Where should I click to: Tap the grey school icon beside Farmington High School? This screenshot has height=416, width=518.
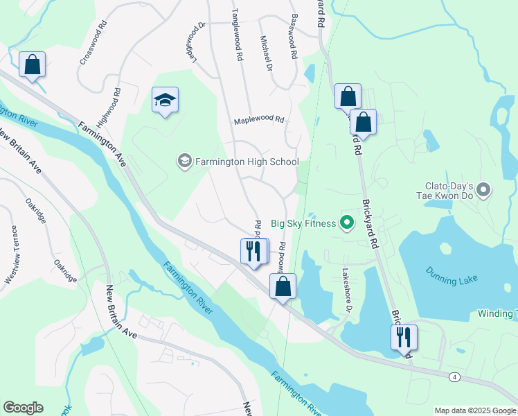click(184, 162)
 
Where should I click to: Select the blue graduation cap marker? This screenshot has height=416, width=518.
click(166, 101)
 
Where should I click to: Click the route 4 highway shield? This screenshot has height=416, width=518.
click(454, 376)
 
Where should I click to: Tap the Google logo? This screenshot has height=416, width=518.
click(23, 408)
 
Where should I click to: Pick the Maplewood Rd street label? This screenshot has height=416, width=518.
click(259, 119)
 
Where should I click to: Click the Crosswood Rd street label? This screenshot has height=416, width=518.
click(94, 42)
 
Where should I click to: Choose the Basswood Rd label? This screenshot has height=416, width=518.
click(294, 35)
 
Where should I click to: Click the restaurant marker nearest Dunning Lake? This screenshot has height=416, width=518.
click(403, 338)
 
